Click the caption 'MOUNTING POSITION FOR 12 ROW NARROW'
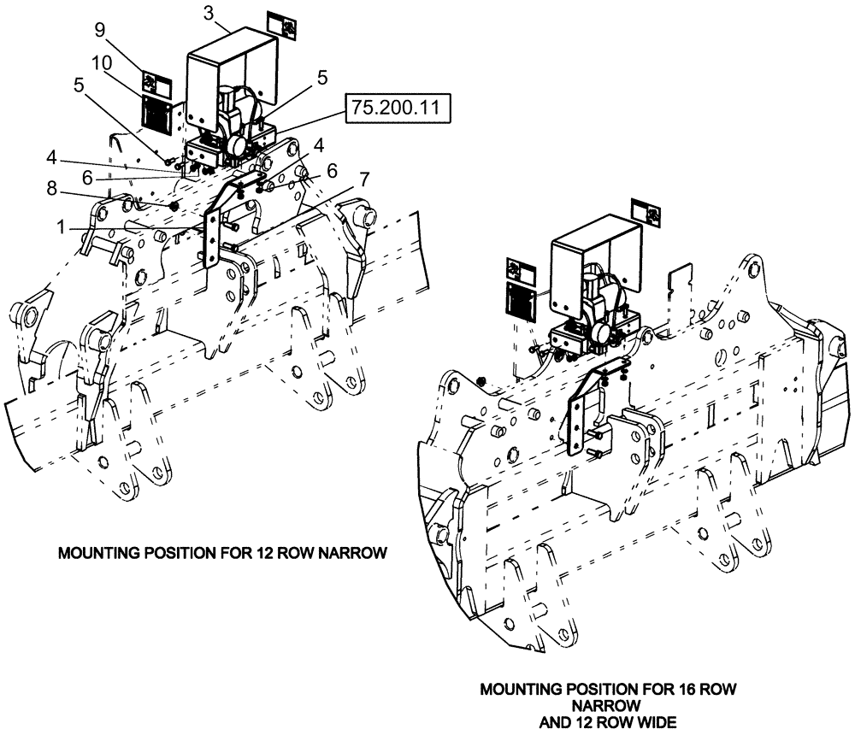coord(222,553)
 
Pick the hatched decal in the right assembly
coord(521,301)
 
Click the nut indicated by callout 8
coord(173,207)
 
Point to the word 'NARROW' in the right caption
coord(607,705)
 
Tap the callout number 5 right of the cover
coord(322,77)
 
